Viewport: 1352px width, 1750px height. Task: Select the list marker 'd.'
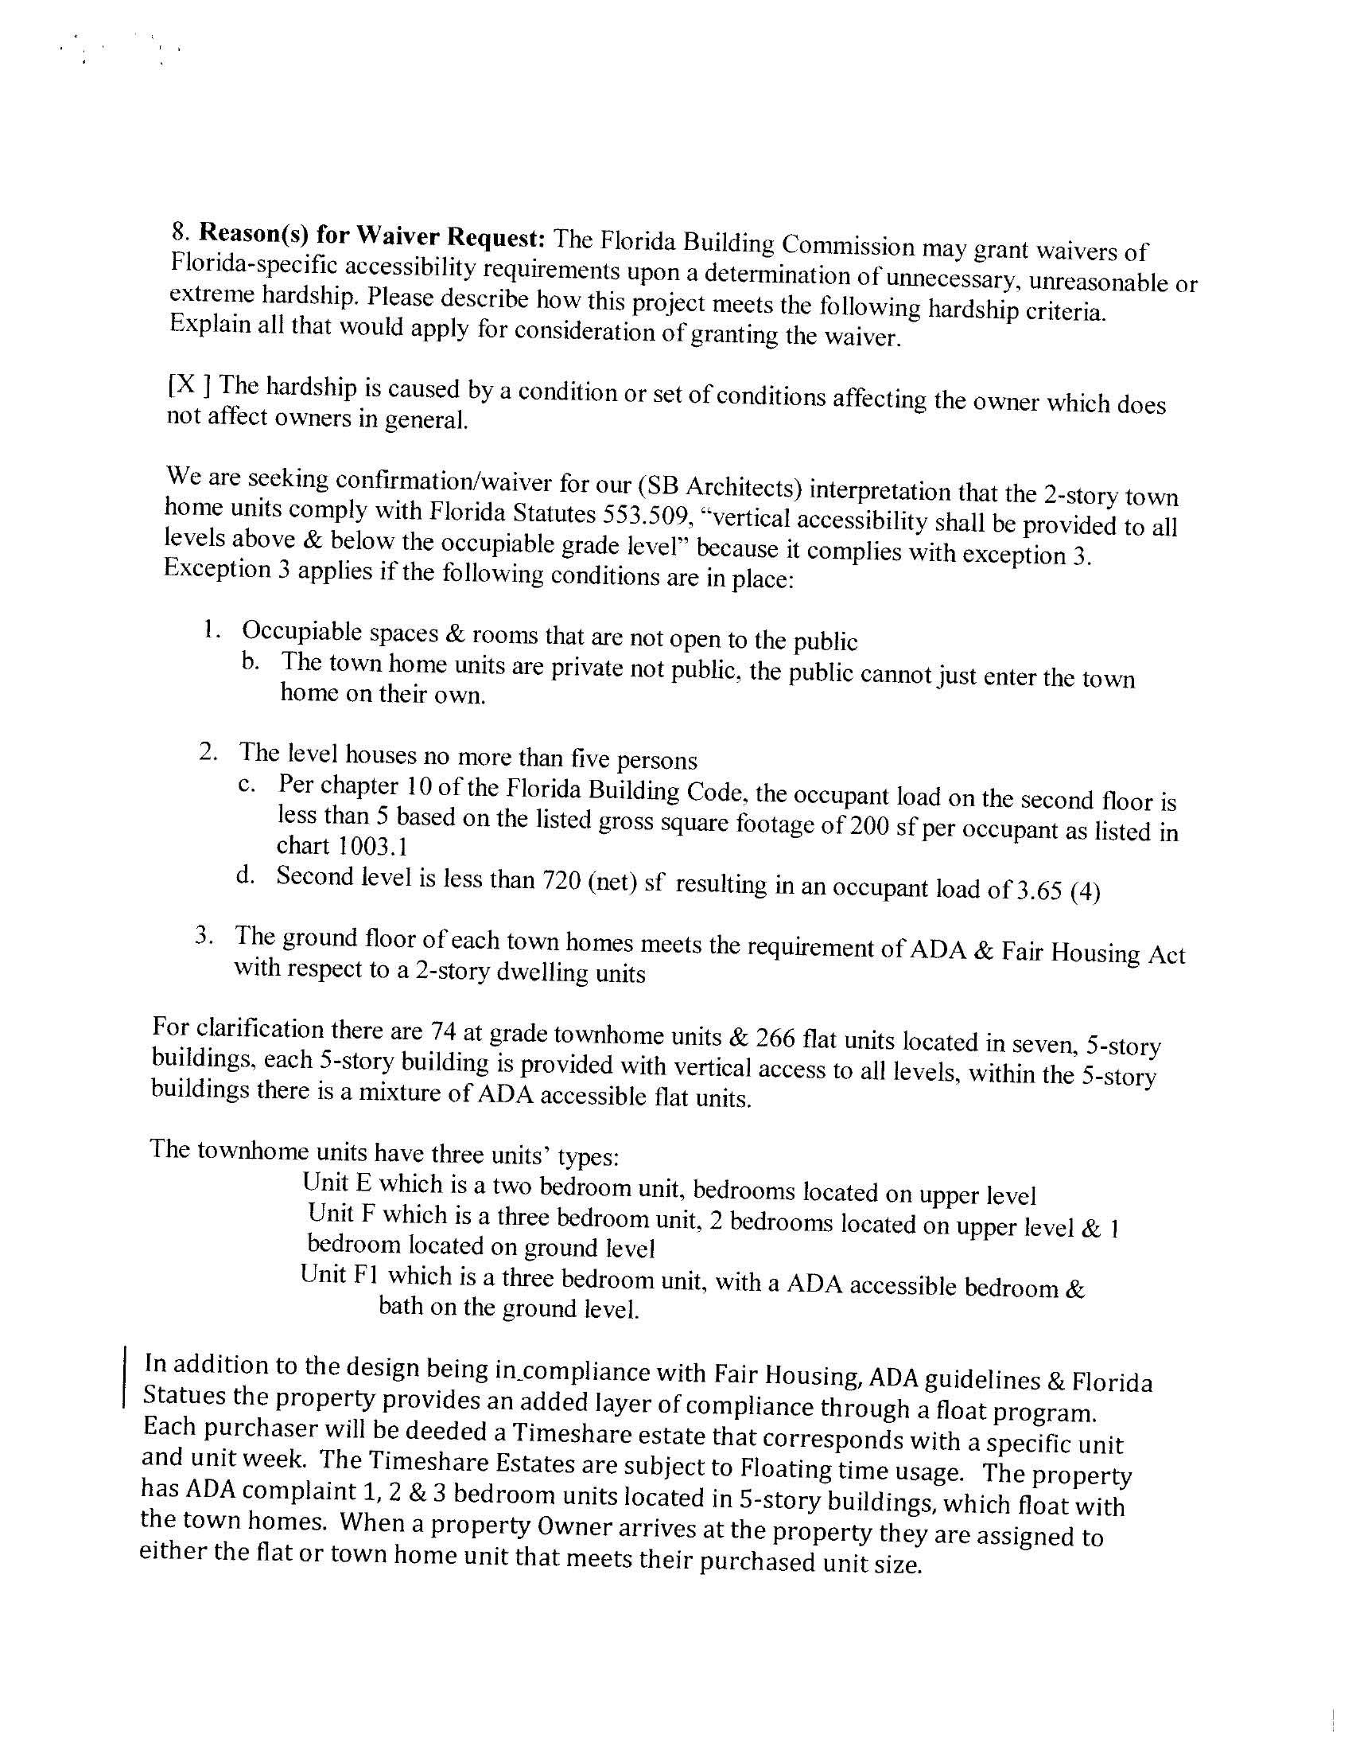pos(246,876)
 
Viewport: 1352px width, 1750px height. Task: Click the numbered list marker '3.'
pos(204,937)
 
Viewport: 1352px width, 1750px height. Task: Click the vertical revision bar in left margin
pos(124,1378)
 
